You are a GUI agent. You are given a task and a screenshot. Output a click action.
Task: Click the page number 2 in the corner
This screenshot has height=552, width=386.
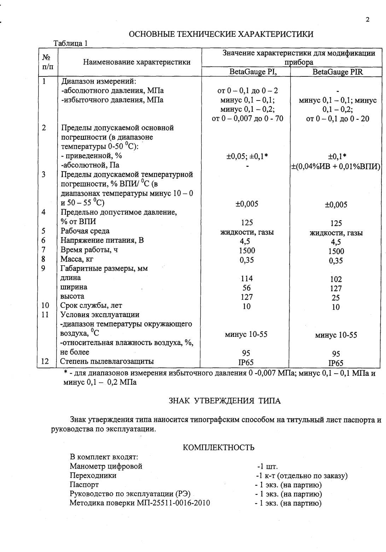pyautogui.click(x=368, y=20)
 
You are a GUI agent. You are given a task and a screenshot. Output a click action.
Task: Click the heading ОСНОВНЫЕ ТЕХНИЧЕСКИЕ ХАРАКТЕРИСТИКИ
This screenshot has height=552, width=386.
pyautogui.click(x=221, y=34)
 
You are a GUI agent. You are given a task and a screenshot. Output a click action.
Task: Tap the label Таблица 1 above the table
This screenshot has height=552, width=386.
pyautogui.click(x=70, y=44)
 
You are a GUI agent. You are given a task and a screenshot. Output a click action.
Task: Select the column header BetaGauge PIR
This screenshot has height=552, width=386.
pyautogui.click(x=338, y=72)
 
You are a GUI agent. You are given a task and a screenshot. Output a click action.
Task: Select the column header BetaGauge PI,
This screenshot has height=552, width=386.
pyautogui.click(x=247, y=72)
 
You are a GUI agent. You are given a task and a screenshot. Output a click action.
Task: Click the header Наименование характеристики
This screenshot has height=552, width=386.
pyautogui.click(x=137, y=62)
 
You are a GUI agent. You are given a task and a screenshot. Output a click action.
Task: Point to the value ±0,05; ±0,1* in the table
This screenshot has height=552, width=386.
pyautogui.click(x=247, y=156)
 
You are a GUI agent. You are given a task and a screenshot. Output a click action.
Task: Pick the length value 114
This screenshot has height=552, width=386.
pyautogui.click(x=247, y=278)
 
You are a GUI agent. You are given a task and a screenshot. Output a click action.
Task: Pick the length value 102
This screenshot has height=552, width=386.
pyautogui.click(x=336, y=279)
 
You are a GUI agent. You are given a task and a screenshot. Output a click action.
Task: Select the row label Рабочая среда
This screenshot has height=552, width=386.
pyautogui.click(x=85, y=231)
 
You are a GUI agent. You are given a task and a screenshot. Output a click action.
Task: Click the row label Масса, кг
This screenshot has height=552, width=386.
pyautogui.click(x=77, y=259)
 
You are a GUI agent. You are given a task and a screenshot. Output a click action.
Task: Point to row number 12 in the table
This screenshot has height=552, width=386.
pyautogui.click(x=45, y=361)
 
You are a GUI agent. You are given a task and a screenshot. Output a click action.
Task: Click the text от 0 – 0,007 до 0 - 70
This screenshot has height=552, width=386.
pyautogui.click(x=247, y=119)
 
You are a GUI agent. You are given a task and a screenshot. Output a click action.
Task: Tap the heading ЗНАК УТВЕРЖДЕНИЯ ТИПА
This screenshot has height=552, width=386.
pyautogui.click(x=224, y=401)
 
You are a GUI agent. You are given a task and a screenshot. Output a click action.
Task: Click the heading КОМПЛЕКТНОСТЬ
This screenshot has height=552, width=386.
pyautogui.click(x=219, y=448)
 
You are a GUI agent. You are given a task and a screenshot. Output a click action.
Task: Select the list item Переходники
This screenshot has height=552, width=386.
pyautogui.click(x=93, y=476)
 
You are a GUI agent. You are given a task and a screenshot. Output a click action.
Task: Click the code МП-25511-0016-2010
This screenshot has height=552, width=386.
pyautogui.click(x=173, y=503)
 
